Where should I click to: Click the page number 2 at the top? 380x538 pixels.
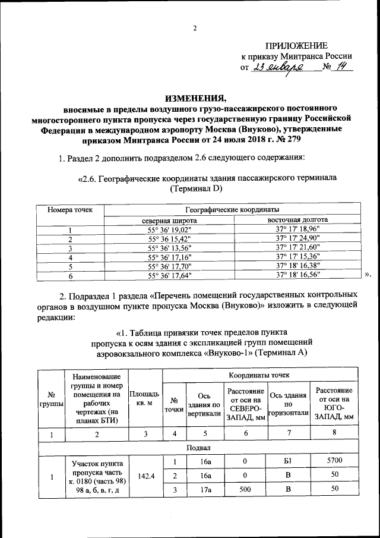[194, 29]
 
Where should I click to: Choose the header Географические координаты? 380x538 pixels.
[232, 210]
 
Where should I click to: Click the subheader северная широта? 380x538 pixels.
[169, 221]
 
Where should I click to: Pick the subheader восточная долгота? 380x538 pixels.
[298, 221]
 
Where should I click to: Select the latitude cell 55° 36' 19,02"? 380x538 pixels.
[169, 229]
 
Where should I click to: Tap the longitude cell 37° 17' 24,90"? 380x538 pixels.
[298, 239]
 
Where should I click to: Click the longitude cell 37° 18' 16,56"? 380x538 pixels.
[298, 275]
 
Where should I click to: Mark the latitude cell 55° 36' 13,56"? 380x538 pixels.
[169, 248]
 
